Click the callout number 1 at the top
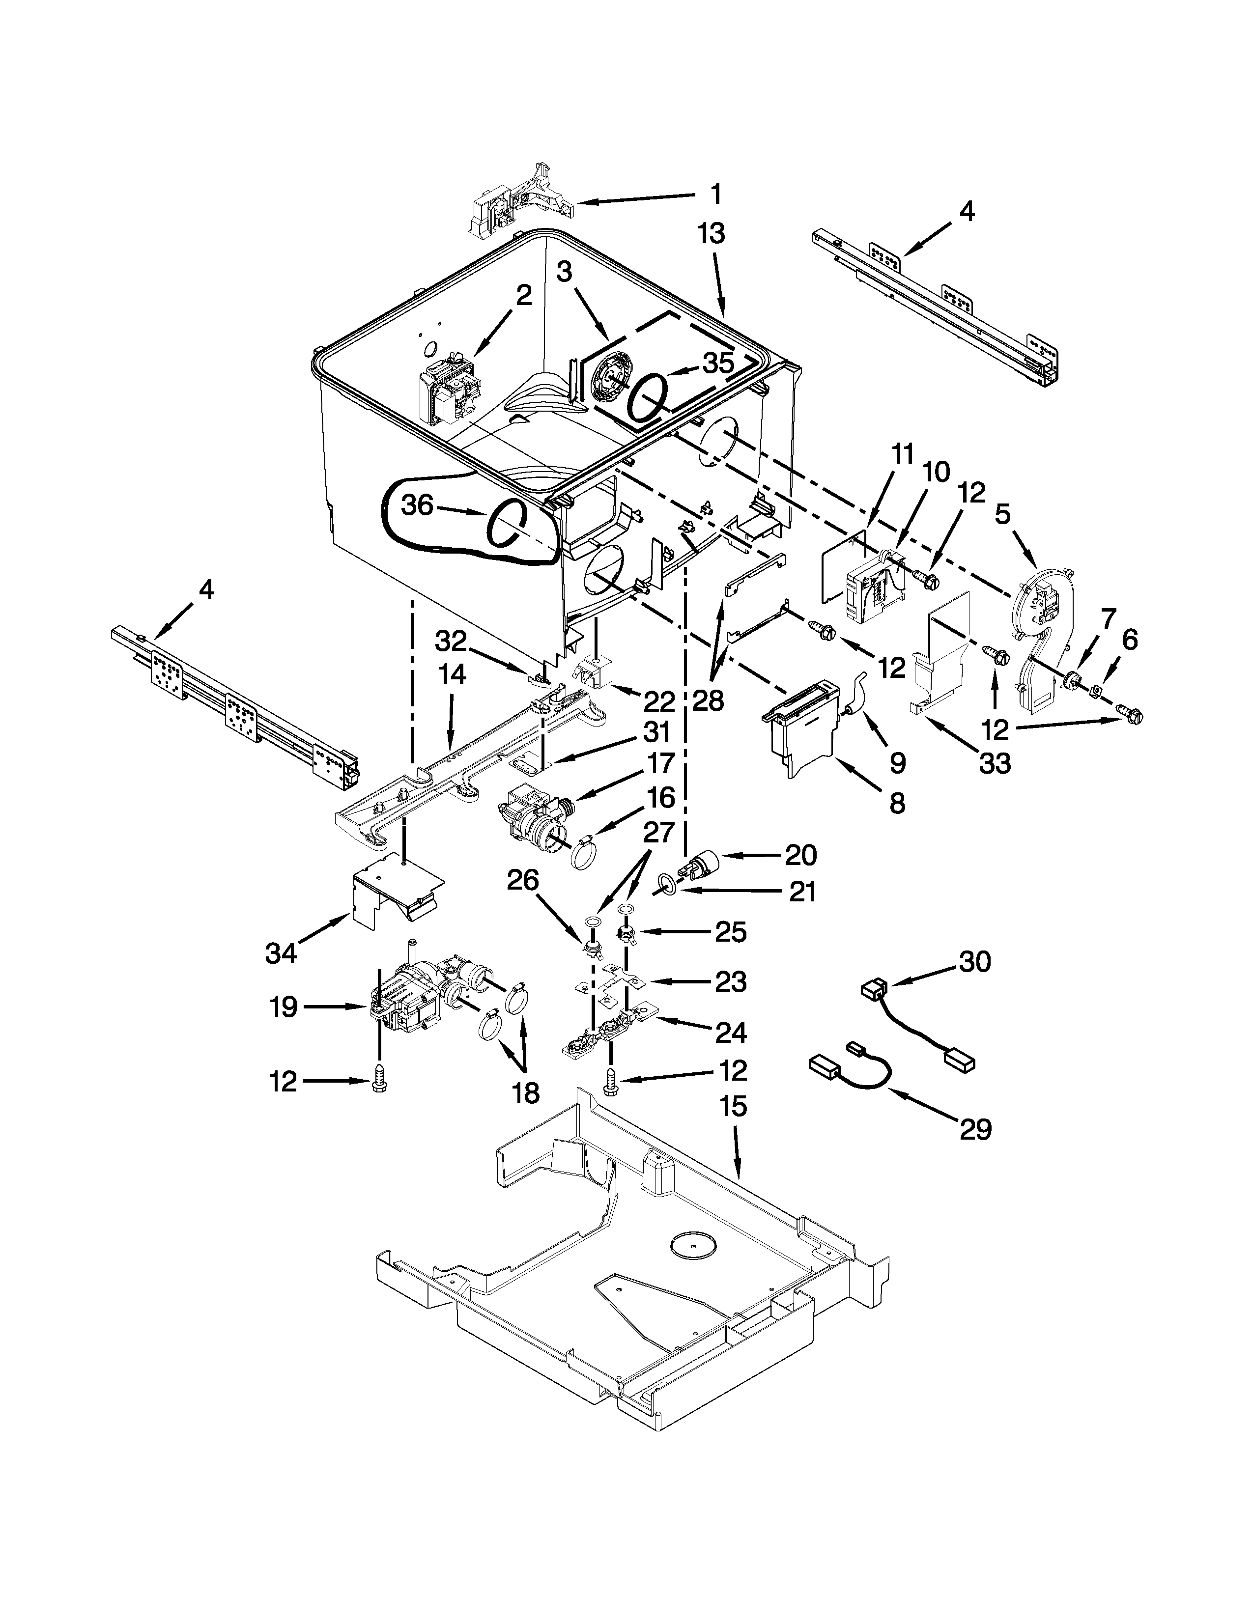pyautogui.click(x=715, y=195)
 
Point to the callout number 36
pyautogui.click(x=416, y=505)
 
